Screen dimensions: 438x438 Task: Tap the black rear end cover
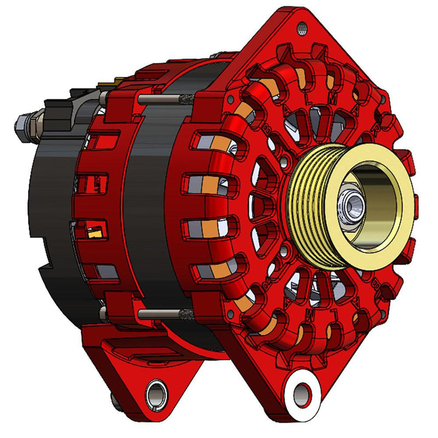point(49,219)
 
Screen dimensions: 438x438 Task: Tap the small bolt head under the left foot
point(117,402)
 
